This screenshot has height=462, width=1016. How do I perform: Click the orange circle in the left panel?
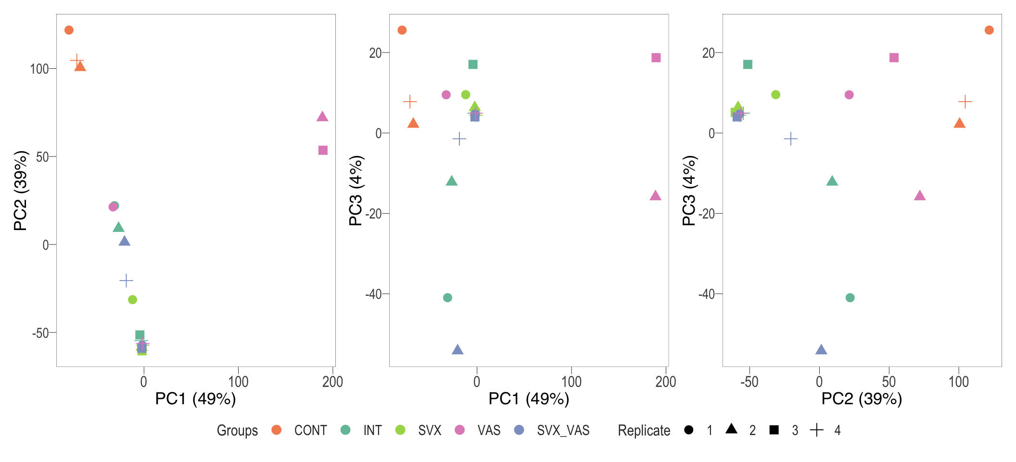[x=69, y=30]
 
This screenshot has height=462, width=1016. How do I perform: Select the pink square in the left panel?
[x=323, y=150]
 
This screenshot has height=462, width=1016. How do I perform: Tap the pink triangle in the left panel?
[x=322, y=116]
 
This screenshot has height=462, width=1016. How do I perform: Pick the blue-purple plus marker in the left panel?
[x=126, y=280]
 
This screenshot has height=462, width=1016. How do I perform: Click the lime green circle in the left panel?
[x=133, y=300]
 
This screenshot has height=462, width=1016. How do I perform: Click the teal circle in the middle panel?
[x=447, y=298]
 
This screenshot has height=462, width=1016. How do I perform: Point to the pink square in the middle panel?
[x=656, y=58]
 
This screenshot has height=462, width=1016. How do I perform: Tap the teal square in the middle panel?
[x=473, y=64]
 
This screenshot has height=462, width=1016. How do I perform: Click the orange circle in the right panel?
[x=989, y=30]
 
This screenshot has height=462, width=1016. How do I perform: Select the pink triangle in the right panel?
[x=920, y=195]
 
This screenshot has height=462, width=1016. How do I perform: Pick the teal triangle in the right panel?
[x=832, y=181]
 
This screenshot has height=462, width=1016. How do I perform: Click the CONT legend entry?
[x=310, y=430]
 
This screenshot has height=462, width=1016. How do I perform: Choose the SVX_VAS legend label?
[x=563, y=430]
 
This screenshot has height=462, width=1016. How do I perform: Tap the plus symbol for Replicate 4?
[x=817, y=430]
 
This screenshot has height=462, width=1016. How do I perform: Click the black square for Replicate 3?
[x=774, y=430]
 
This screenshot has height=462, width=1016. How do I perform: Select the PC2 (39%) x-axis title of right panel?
[x=862, y=399]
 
